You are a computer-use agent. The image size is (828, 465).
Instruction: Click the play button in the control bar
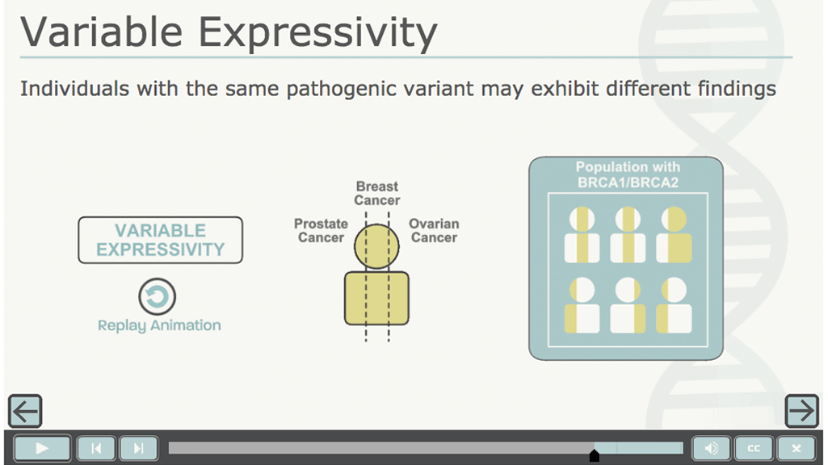42,448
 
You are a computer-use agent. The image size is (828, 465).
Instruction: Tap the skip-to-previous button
96,448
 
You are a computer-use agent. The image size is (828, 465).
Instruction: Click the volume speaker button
712,448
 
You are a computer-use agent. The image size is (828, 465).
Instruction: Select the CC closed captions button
754,448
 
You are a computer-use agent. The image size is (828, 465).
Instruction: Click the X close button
796,448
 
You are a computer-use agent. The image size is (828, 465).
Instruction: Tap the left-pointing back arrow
25,411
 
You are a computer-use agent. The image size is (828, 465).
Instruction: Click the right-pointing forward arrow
801,411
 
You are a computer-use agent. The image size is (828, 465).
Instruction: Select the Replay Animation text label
159,325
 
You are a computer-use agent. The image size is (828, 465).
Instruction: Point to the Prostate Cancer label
321,231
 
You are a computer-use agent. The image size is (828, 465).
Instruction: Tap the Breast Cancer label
377,193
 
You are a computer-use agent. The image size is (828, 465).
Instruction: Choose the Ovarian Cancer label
434,231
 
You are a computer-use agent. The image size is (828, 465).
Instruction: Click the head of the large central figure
376,246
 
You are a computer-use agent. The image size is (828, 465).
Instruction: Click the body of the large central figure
376,298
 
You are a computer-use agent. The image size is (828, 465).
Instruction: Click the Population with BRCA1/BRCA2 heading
628,174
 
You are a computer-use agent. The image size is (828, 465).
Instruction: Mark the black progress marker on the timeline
594,455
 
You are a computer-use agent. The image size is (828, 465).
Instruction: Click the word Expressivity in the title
318,33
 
